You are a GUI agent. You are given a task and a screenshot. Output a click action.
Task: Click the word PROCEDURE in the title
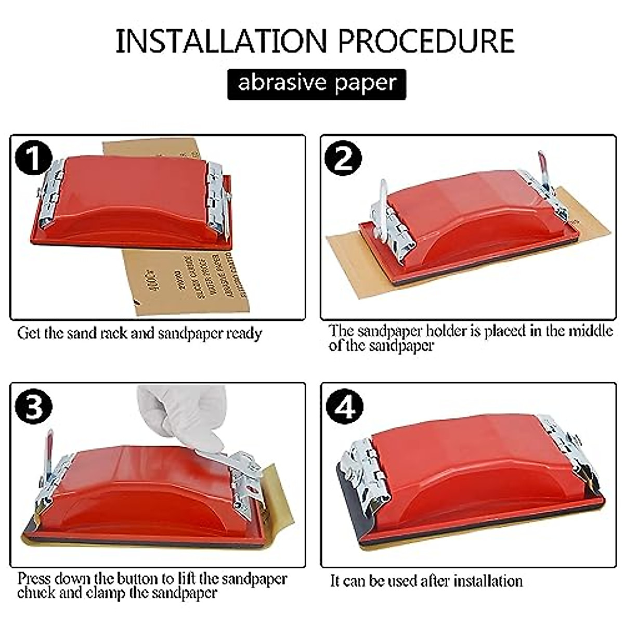(x=426, y=42)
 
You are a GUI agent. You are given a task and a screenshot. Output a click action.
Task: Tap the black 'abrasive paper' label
(x=317, y=84)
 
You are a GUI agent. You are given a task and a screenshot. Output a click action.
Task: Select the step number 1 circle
(x=33, y=158)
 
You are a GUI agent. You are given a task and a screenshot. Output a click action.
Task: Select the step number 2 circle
(x=344, y=158)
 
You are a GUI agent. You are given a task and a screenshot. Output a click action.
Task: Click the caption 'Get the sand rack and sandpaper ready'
(x=139, y=333)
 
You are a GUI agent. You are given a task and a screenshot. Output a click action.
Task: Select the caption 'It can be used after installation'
(x=426, y=580)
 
